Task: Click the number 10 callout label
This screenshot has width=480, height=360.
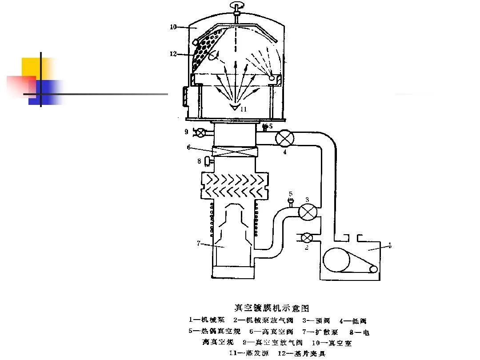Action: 173,27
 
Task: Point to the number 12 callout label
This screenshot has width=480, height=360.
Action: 173,54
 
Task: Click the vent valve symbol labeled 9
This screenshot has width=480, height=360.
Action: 201,132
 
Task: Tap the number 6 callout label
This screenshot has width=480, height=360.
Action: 188,147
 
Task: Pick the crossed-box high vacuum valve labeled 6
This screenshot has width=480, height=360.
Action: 235,152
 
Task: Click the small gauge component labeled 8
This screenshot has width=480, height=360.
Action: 207,161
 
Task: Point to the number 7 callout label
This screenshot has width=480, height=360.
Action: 199,243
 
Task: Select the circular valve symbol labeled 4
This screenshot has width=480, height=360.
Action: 284,138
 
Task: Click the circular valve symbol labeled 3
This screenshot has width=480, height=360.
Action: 306,211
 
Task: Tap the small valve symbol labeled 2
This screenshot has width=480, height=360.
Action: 306,238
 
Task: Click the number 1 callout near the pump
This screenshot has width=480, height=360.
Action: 390,245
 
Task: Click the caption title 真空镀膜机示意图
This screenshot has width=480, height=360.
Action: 271,308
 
